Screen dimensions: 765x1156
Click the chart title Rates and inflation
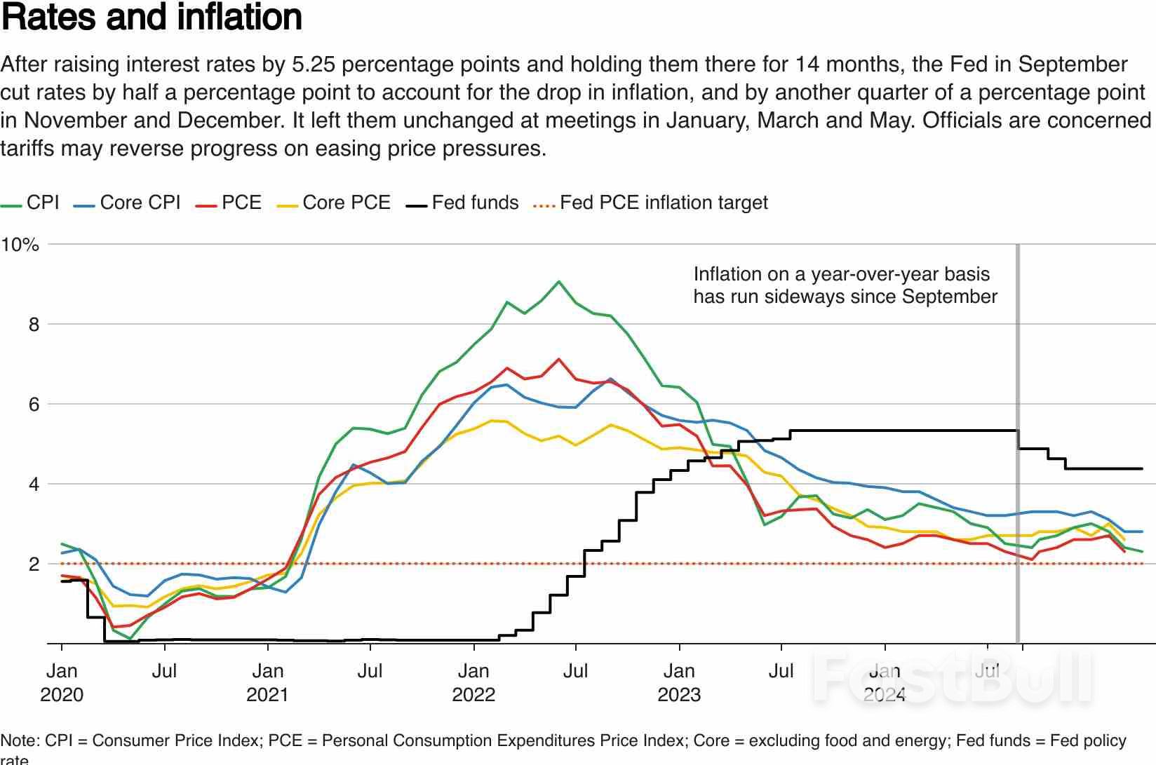coord(152,18)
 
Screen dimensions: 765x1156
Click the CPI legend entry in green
coord(42,203)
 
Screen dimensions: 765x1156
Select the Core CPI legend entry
coord(140,203)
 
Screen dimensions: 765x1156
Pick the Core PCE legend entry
coord(346,203)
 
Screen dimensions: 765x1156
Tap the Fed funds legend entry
coord(475,203)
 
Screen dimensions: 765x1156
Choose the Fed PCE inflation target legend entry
coord(663,203)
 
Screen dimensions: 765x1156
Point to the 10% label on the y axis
coord(20,245)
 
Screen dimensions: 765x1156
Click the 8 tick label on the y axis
coord(34,325)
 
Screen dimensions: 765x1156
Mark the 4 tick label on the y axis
coord(34,485)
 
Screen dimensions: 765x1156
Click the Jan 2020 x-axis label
coord(62,682)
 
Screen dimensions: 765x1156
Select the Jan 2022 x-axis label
coord(473,682)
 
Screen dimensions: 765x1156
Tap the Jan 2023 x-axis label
coord(679,682)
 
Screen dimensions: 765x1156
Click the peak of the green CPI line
coord(558,282)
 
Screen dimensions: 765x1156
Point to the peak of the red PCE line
coord(558,359)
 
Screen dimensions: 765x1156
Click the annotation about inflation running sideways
coord(845,285)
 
